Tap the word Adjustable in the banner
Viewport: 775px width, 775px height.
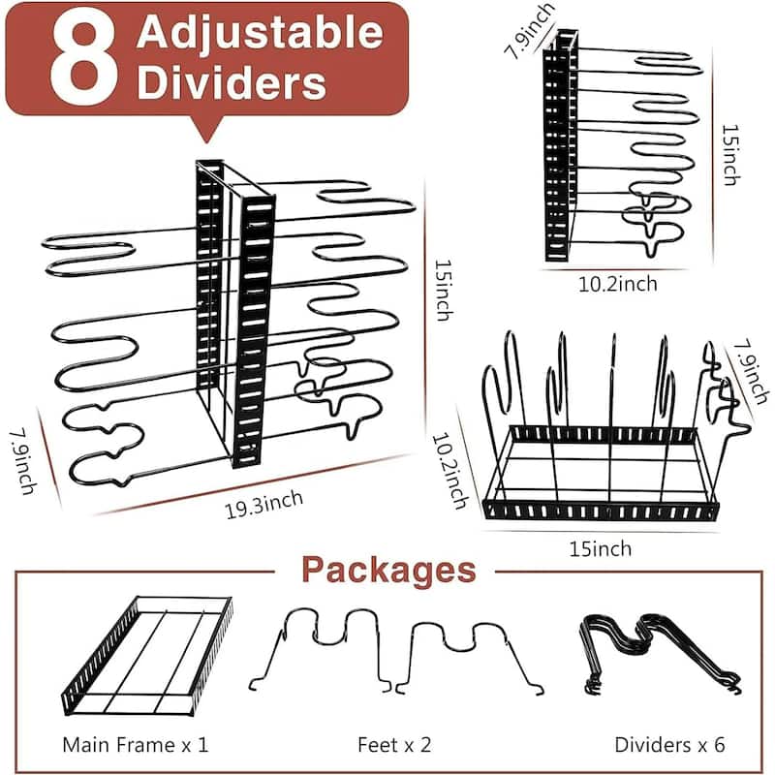(260, 33)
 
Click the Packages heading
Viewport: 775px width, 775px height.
(387, 570)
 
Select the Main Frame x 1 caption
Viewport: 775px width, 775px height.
(135, 745)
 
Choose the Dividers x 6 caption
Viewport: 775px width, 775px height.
(669, 745)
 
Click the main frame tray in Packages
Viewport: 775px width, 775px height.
(147, 653)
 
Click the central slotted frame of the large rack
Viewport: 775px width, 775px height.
(236, 310)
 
